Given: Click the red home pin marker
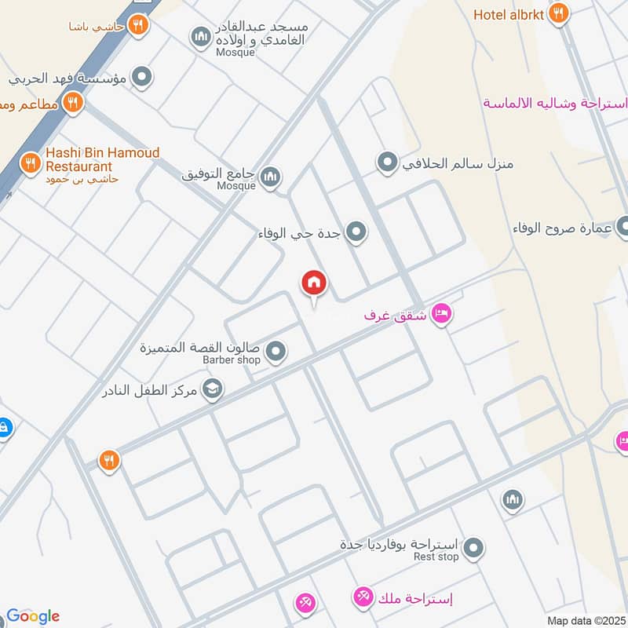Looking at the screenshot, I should pos(314,283).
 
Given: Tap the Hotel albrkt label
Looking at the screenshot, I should pos(508,14).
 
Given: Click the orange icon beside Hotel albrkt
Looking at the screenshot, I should pos(558,13).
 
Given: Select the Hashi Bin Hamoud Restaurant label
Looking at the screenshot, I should pos(102,159).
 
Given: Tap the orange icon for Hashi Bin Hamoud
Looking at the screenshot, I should pos(31,162).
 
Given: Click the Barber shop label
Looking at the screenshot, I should pos(231,360).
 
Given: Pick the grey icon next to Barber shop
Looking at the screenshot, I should pos(275,352).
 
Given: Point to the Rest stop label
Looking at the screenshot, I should pos(436,557).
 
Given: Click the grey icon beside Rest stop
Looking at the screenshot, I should pos(473,549).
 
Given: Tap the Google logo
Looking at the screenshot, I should pos(33,615).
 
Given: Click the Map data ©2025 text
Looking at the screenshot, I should pos(585,620).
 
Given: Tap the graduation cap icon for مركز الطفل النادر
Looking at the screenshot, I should pos(212,388).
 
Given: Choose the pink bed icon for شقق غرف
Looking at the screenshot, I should pos(442,314).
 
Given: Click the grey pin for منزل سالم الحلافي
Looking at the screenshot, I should pos(387,163).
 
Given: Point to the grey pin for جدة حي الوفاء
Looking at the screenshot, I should pos(356,232).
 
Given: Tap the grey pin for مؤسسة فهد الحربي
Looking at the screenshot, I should pos(142,77).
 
